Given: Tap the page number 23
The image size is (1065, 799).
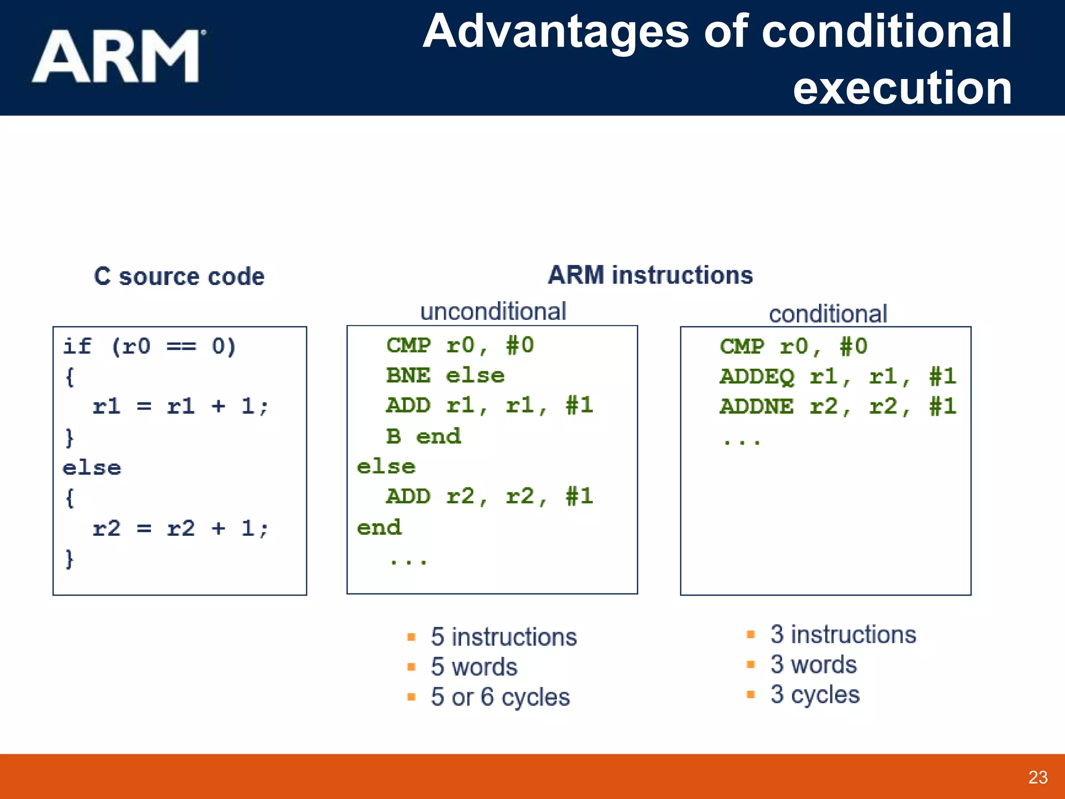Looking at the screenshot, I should [x=1037, y=777].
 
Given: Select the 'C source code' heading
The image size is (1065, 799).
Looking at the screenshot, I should [x=179, y=276].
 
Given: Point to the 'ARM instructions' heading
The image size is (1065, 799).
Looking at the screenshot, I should [x=650, y=275].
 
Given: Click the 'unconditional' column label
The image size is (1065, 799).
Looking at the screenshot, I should [x=492, y=311].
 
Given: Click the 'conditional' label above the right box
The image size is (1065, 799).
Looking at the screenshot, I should [x=827, y=314].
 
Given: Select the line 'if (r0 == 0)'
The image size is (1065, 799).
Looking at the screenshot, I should [x=149, y=346].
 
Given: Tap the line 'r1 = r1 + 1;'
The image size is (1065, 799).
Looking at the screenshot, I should [x=180, y=406].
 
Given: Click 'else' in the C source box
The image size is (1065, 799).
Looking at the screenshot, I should [x=92, y=468].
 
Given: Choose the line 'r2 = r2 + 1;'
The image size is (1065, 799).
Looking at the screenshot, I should [x=180, y=529].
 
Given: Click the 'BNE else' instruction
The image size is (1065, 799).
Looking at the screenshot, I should [x=445, y=376].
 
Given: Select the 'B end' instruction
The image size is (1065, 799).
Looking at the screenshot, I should [x=423, y=436].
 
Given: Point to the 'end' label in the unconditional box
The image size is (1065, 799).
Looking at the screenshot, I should [x=379, y=527].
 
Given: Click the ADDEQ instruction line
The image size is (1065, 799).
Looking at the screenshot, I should [x=837, y=376].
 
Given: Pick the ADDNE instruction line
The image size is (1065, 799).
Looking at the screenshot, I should [x=837, y=406].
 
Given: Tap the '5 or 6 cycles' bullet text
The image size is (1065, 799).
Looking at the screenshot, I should [x=500, y=697].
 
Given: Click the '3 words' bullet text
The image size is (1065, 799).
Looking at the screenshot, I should [x=813, y=664].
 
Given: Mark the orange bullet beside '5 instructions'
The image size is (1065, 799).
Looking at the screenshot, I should [x=411, y=637].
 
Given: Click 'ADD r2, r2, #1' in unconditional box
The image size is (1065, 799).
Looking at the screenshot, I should [x=489, y=496].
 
